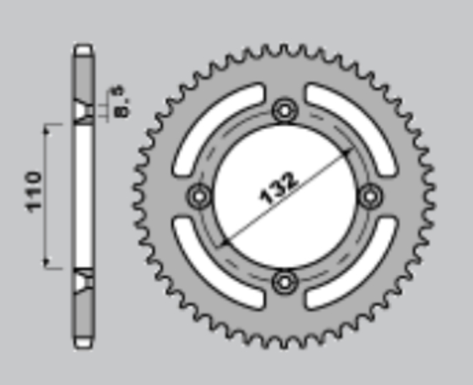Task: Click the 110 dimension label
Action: tap(34, 192)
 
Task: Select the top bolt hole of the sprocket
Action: tap(285, 111)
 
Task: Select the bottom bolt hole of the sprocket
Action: tap(285, 283)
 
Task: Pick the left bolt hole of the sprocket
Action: tap(199, 197)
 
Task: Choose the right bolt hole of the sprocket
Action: tap(371, 197)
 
